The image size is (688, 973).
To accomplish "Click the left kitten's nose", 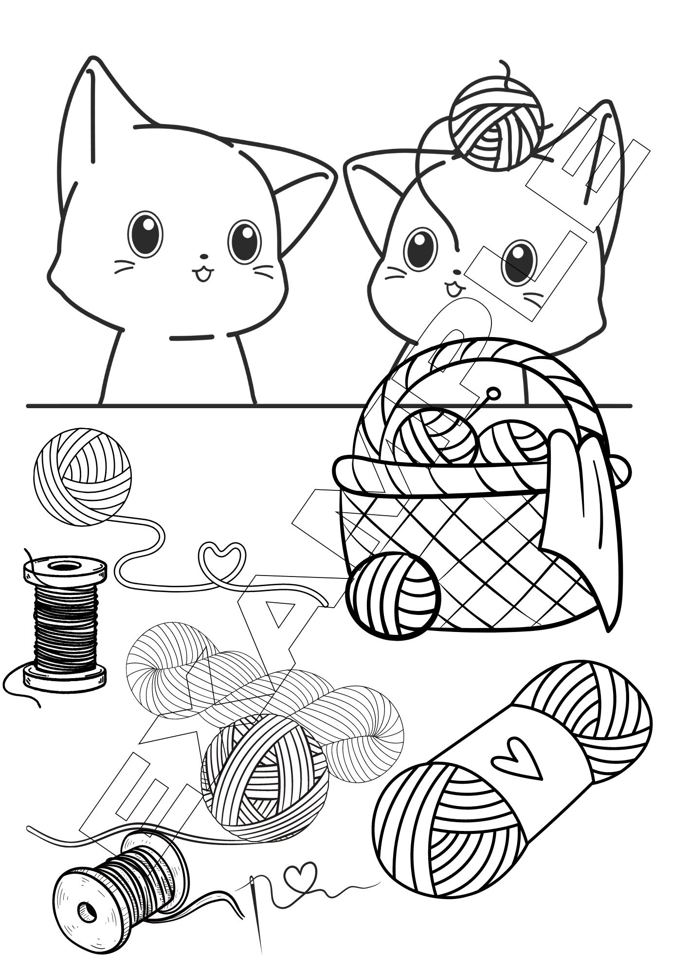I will (204, 256).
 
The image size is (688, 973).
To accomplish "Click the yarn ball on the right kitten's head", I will (496, 124).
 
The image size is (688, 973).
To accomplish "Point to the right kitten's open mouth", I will (453, 290).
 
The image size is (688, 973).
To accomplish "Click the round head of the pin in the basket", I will (493, 394).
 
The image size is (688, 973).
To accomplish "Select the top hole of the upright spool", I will (65, 566).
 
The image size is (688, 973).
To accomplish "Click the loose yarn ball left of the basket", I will (83, 476).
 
